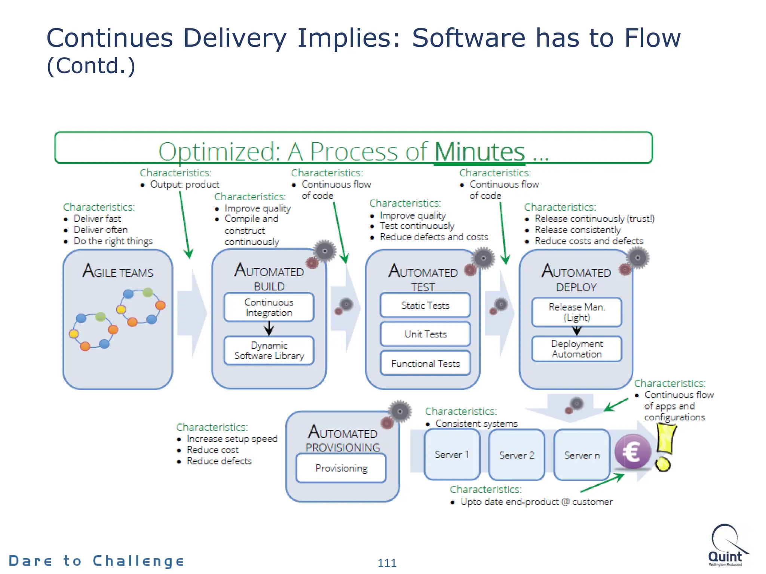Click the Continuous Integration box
269,307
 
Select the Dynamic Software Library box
269,351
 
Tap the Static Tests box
425,305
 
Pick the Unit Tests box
425,334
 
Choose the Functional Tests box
425,363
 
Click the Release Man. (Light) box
576,312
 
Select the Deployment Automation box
576,349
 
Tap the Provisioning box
341,468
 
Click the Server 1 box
452,454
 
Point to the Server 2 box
517,455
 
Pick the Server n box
582,455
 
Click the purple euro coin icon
633,452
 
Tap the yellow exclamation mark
665,447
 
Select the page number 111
387,563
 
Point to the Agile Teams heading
118,271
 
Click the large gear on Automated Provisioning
400,411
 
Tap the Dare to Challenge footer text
96,561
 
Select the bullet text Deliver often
101,230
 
